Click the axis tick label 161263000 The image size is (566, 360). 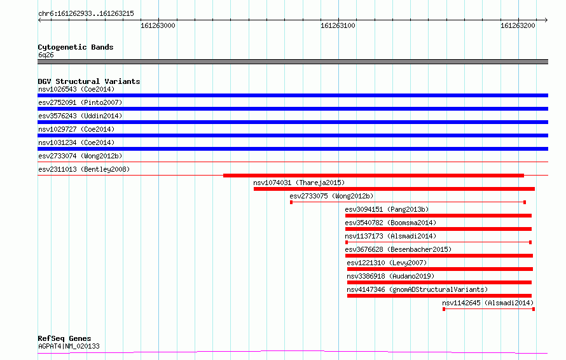point(158,25)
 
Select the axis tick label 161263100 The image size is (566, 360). point(338,25)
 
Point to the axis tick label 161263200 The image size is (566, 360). point(518,25)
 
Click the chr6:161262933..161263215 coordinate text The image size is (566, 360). point(86,14)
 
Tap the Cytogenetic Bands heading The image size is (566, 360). point(76,47)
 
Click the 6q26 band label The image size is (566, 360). point(46,55)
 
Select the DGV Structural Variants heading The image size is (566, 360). point(89,81)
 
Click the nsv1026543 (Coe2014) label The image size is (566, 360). point(76,89)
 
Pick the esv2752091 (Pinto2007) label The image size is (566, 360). point(80,102)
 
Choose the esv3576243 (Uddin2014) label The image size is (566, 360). point(80,116)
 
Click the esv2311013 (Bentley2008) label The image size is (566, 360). point(84,169)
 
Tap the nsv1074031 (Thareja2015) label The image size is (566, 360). point(299,183)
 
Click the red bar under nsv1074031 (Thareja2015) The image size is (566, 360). point(394,189)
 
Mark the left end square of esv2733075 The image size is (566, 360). point(291,202)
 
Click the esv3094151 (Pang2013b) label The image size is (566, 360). point(387,209)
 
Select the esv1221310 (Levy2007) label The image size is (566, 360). point(387,263)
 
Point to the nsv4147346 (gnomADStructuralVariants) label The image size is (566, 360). point(417,289)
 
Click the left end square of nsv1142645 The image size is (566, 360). point(444,309)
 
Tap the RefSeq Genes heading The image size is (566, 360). point(64,338)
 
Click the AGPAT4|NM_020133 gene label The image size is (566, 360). point(69,346)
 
